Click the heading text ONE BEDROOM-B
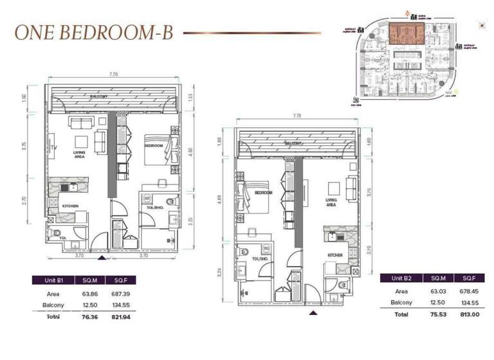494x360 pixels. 94,32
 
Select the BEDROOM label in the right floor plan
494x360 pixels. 264,192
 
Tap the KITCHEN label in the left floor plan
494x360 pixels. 70,206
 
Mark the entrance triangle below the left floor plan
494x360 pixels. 101,258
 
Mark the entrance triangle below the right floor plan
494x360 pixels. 313,313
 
